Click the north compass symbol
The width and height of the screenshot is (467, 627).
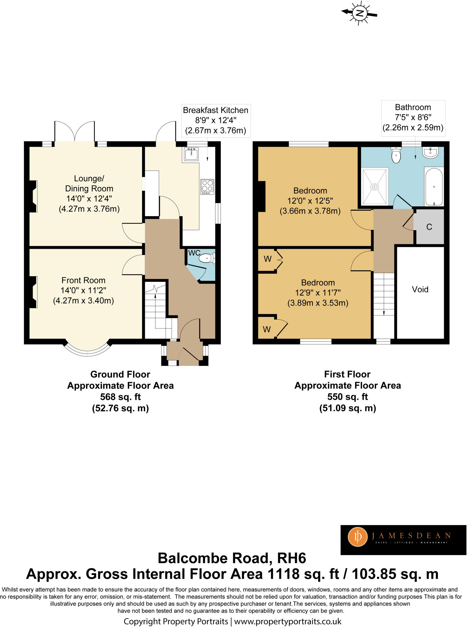360,13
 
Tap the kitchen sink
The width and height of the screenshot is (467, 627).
191,154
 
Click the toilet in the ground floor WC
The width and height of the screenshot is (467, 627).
207,259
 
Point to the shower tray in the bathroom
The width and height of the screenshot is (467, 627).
375,186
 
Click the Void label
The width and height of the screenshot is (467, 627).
420,289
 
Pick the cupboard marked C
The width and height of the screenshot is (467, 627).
429,227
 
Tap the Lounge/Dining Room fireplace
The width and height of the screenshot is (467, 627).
33,196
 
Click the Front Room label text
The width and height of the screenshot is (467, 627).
83,280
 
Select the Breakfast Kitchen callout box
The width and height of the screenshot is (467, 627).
215,120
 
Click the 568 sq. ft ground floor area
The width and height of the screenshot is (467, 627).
120,397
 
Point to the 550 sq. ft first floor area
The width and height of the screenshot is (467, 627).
347,397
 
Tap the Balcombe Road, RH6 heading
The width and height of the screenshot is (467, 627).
232,558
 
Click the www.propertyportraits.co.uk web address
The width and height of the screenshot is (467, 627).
287,621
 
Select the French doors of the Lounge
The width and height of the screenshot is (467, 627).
74,132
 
